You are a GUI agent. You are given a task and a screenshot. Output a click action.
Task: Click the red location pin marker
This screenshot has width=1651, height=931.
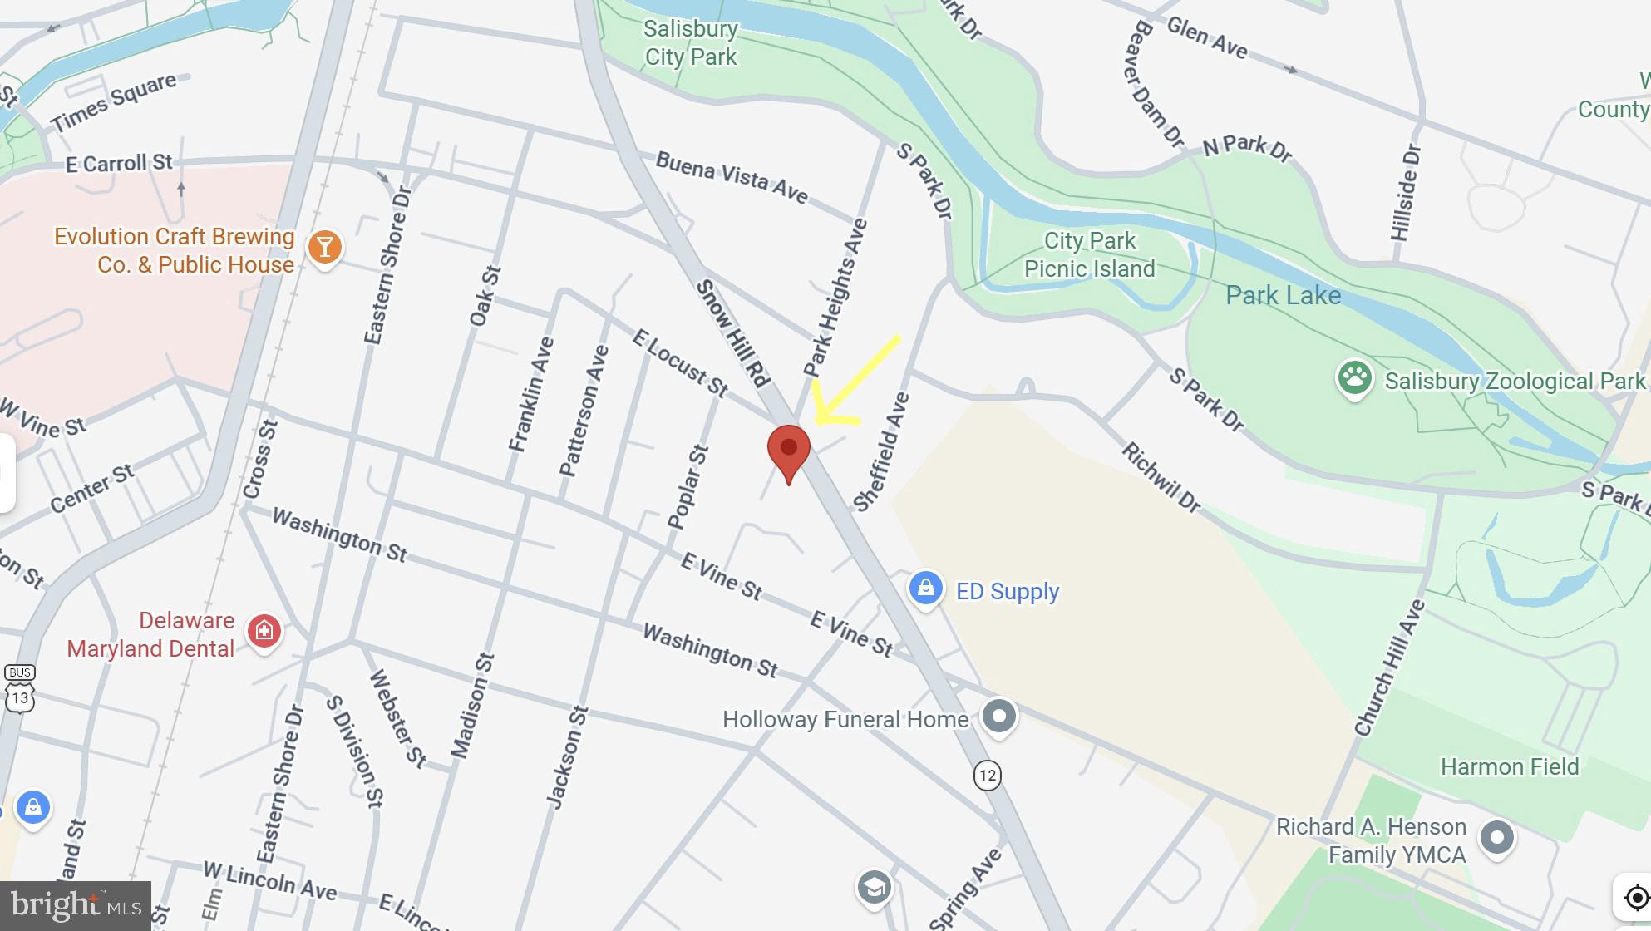(788, 451)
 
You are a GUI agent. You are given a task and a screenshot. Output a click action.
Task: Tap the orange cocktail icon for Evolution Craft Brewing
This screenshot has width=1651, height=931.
(324, 247)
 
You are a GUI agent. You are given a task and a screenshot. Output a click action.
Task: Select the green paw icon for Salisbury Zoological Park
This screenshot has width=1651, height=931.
(1353, 378)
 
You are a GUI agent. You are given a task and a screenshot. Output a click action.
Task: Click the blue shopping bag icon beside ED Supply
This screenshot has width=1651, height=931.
(925, 589)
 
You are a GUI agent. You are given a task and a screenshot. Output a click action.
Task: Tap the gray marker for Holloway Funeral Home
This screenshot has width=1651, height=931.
(998, 717)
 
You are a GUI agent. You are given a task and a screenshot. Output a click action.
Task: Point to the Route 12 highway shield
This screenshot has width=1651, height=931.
(987, 776)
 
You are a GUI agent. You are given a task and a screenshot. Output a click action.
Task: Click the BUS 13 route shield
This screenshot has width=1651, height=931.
(19, 689)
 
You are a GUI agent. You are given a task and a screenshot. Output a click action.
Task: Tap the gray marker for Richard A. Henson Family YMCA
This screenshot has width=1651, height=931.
(1496, 838)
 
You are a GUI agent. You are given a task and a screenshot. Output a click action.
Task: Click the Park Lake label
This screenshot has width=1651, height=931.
(1283, 295)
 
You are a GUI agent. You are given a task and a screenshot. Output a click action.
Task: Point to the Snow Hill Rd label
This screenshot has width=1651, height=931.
(732, 332)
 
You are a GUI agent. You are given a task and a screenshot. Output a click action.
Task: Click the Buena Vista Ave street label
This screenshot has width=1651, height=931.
(732, 176)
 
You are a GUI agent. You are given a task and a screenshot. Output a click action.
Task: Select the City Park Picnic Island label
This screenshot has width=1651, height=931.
(1089, 254)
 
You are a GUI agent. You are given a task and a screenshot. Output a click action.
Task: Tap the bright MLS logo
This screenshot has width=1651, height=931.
(75, 905)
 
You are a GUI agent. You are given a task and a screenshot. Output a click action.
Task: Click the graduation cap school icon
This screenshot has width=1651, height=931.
(874, 888)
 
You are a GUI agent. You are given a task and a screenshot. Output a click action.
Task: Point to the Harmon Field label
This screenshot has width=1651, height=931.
(1509, 766)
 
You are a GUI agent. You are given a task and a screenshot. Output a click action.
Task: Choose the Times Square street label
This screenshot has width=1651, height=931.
(114, 102)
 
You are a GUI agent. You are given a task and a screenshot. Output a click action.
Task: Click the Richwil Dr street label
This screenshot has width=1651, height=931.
(1161, 477)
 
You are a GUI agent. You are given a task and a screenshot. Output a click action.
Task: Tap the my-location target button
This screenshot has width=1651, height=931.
(1635, 899)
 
